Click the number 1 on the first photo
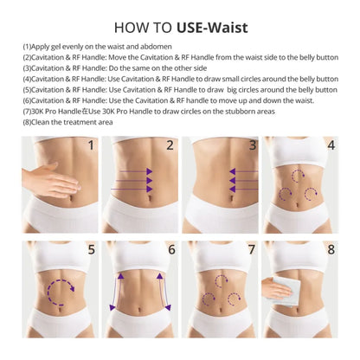(90, 145)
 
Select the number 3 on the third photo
(253, 145)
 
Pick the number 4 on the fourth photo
(331, 145)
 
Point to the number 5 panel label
(90, 251)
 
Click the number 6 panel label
(171, 251)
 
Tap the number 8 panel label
(331, 251)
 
